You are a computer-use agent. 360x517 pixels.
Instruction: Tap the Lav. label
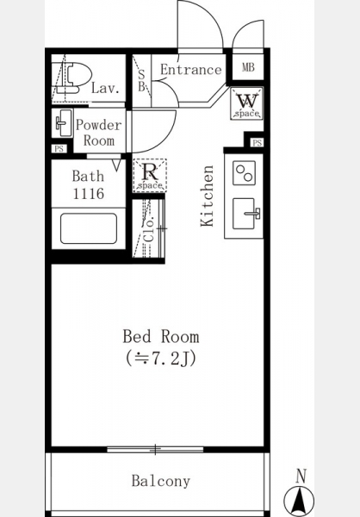(105, 88)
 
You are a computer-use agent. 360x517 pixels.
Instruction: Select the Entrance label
(191, 70)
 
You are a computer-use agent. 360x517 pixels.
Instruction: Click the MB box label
(248, 67)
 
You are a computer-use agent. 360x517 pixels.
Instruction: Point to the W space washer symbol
(247, 103)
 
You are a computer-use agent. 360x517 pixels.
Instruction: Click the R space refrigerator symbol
(150, 176)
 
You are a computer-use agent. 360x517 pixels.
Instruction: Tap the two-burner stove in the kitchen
(245, 173)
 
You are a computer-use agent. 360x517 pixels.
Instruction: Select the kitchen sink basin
(245, 214)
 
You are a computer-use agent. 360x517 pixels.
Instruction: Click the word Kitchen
(207, 196)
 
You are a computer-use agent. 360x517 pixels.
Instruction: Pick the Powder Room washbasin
(63, 123)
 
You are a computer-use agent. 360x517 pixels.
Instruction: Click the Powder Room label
(98, 133)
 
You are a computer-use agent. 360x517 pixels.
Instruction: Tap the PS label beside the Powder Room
(59, 149)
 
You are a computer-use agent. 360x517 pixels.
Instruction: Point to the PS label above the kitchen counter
(258, 143)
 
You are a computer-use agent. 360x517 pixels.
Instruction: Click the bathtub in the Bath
(89, 228)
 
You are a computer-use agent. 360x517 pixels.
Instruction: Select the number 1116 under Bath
(89, 194)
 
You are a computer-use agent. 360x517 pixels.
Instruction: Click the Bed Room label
(161, 337)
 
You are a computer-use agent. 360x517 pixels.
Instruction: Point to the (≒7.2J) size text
(161, 358)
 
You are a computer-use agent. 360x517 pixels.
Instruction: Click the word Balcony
(161, 481)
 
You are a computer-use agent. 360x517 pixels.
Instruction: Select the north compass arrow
(299, 501)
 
